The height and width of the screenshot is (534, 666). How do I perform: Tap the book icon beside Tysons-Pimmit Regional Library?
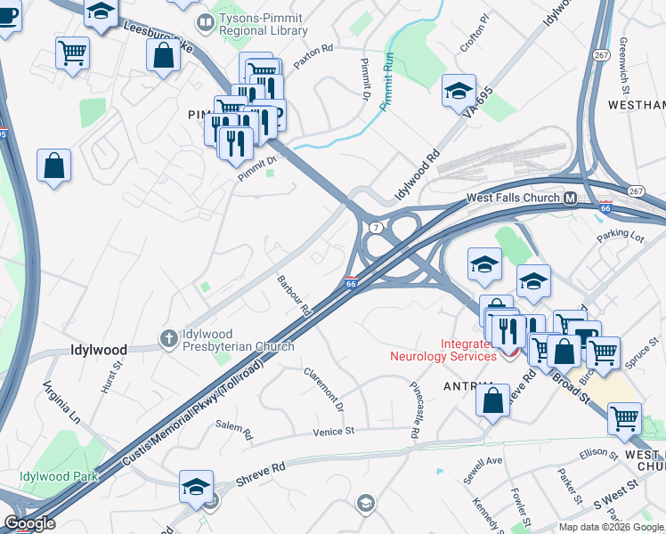coord(205,20)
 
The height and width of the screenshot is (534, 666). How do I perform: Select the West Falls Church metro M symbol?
coord(571,198)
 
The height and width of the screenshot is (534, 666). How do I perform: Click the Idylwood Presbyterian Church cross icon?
coord(167,337)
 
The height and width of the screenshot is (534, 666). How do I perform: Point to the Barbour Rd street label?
coord(293,296)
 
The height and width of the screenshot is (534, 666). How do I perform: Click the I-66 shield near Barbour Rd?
coord(351,282)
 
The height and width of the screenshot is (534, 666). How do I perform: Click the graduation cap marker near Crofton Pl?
coord(459,89)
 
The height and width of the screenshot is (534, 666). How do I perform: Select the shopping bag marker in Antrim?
coord(492,400)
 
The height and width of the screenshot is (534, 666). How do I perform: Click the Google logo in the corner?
coord(29,522)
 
